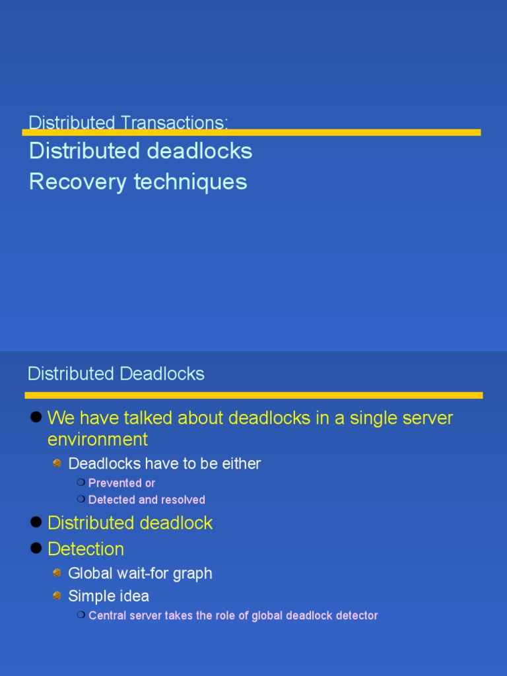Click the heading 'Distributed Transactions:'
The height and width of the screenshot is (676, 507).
(x=128, y=123)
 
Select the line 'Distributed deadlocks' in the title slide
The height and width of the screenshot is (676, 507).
(x=141, y=151)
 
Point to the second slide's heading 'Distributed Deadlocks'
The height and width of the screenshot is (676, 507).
(x=116, y=374)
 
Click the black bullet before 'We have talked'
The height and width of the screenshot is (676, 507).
(x=36, y=417)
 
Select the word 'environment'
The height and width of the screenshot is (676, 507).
(x=98, y=439)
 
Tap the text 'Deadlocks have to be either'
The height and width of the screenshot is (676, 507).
(x=164, y=463)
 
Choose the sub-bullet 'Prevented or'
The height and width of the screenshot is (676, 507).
(x=121, y=483)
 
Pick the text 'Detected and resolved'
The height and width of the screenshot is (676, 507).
(x=147, y=500)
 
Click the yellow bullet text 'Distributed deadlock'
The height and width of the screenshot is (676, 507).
(x=130, y=524)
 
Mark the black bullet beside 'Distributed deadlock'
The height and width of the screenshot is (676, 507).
(x=36, y=522)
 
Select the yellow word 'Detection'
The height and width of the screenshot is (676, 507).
(x=86, y=549)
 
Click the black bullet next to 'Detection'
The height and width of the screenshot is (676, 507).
(x=36, y=548)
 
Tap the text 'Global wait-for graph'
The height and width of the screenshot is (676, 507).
(x=140, y=573)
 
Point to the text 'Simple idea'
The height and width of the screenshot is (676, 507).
(x=108, y=596)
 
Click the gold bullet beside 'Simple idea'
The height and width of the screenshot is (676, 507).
(x=57, y=595)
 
